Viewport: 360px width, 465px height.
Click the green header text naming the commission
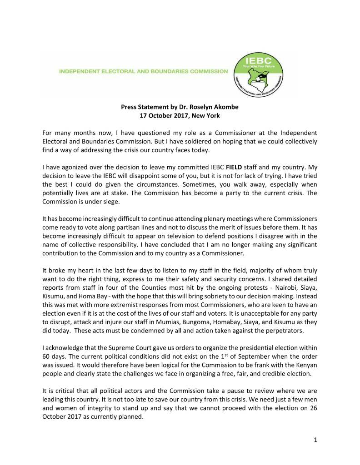144,72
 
